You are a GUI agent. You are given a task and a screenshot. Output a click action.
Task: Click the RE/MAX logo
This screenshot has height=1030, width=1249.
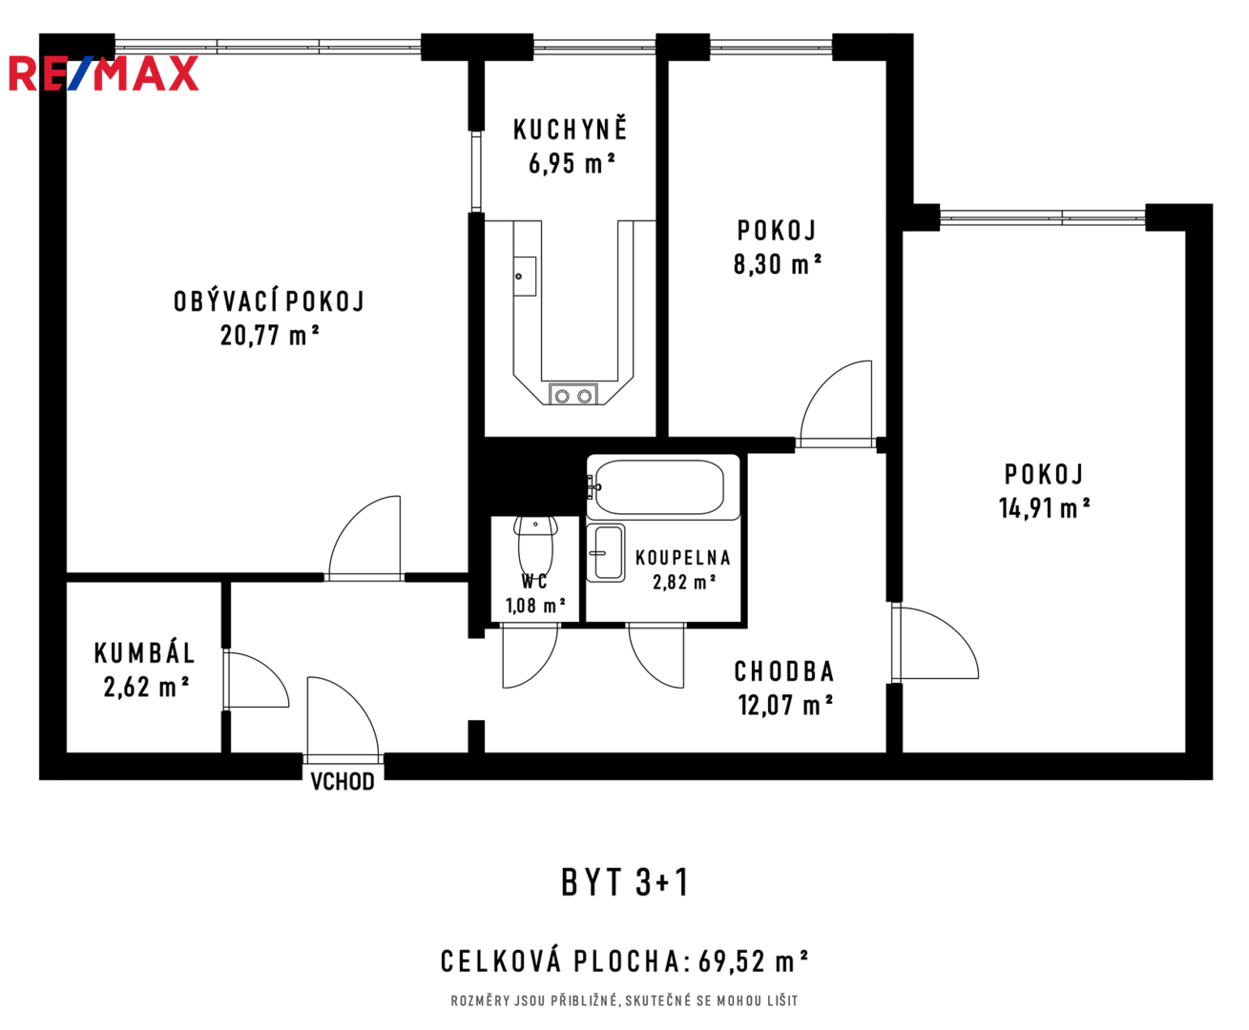103,72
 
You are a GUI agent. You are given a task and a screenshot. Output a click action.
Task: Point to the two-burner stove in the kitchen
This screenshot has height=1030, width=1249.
573,395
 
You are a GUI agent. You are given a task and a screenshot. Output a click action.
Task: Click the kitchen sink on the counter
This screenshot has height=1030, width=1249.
525,277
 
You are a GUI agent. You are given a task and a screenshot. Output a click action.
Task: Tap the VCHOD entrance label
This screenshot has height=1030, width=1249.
343,781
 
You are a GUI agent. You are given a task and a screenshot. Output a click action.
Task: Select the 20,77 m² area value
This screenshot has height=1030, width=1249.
270,336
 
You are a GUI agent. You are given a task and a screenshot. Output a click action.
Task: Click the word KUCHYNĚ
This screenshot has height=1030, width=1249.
570,129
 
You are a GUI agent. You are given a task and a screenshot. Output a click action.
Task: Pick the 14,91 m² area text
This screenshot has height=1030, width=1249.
1044,507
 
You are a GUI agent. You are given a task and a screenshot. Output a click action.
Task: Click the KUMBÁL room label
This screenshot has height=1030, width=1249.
145,652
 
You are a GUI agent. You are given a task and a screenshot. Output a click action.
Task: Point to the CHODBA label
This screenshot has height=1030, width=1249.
784,671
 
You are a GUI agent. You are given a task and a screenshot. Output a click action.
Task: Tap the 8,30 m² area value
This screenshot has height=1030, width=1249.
777,263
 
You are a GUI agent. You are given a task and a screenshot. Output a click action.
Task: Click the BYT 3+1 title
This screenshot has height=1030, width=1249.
625,882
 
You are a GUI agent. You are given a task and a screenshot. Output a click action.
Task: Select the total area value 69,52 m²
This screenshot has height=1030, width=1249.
753,961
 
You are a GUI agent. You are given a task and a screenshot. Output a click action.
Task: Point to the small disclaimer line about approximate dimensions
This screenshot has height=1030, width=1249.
624,1000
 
